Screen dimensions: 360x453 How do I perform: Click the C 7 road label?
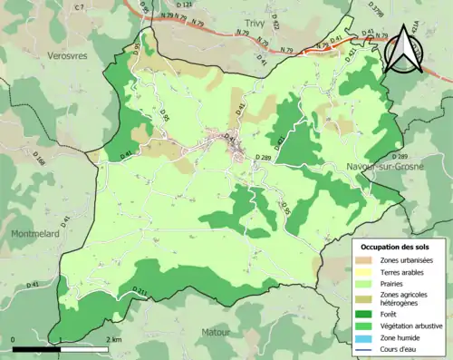click(80, 7)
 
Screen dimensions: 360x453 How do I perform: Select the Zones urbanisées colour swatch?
click(367, 261)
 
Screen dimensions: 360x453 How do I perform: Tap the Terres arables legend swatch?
click(367, 273)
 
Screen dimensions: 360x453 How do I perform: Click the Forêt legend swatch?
click(367, 313)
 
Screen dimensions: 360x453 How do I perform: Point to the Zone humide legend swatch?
click(367, 336)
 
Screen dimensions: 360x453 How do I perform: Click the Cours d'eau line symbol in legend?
click(367, 348)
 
